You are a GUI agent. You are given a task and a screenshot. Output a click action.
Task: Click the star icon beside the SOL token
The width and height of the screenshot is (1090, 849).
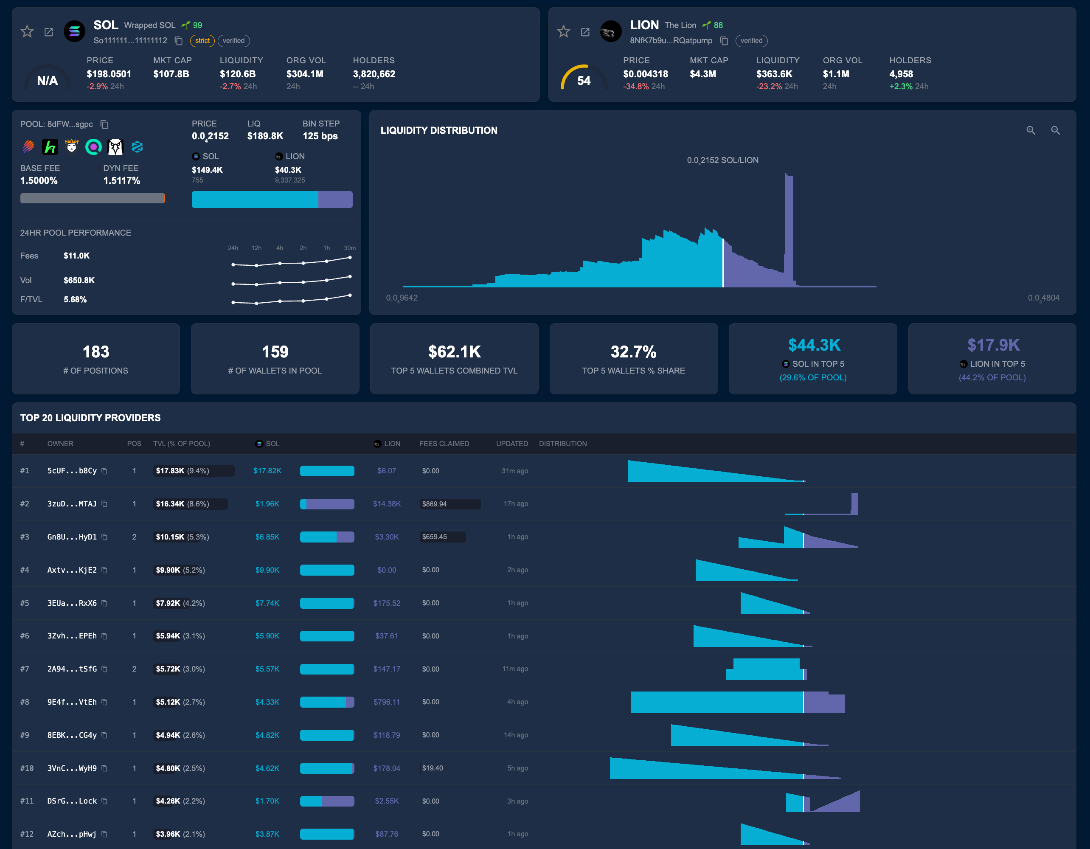(27, 32)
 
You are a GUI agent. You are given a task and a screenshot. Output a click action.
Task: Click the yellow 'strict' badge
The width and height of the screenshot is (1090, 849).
(202, 41)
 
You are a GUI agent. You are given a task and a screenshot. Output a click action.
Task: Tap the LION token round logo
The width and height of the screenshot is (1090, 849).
(610, 32)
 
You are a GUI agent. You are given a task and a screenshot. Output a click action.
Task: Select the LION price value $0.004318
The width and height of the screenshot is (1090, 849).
(645, 74)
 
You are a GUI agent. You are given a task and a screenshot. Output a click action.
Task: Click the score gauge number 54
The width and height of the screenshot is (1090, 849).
(584, 81)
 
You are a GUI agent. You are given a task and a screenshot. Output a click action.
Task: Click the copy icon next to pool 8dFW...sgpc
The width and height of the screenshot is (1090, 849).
(104, 124)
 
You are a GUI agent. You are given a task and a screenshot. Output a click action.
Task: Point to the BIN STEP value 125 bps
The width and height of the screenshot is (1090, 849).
(320, 136)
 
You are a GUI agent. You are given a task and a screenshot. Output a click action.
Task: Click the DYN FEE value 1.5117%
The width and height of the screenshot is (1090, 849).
(121, 181)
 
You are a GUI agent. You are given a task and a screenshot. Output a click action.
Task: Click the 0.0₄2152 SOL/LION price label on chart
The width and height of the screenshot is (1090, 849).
(722, 160)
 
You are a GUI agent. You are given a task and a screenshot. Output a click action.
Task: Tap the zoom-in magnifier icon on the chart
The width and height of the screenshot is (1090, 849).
(1031, 130)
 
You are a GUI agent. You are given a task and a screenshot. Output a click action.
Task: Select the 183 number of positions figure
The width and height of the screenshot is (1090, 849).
(96, 352)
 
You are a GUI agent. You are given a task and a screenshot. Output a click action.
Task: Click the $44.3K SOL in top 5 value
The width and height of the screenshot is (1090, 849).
(814, 345)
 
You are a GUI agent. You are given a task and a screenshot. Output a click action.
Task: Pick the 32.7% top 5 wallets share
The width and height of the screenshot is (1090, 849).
(633, 352)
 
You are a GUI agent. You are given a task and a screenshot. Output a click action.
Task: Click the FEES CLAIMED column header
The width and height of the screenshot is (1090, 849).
(444, 444)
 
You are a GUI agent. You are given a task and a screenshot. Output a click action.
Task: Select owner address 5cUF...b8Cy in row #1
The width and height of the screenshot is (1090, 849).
(72, 471)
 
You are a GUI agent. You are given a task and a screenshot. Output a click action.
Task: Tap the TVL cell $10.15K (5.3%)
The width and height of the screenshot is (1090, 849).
(182, 537)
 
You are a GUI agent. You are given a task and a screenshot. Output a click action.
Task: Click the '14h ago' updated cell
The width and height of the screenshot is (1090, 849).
(516, 735)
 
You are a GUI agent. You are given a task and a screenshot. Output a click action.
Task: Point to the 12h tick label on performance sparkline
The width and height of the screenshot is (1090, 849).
(256, 248)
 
